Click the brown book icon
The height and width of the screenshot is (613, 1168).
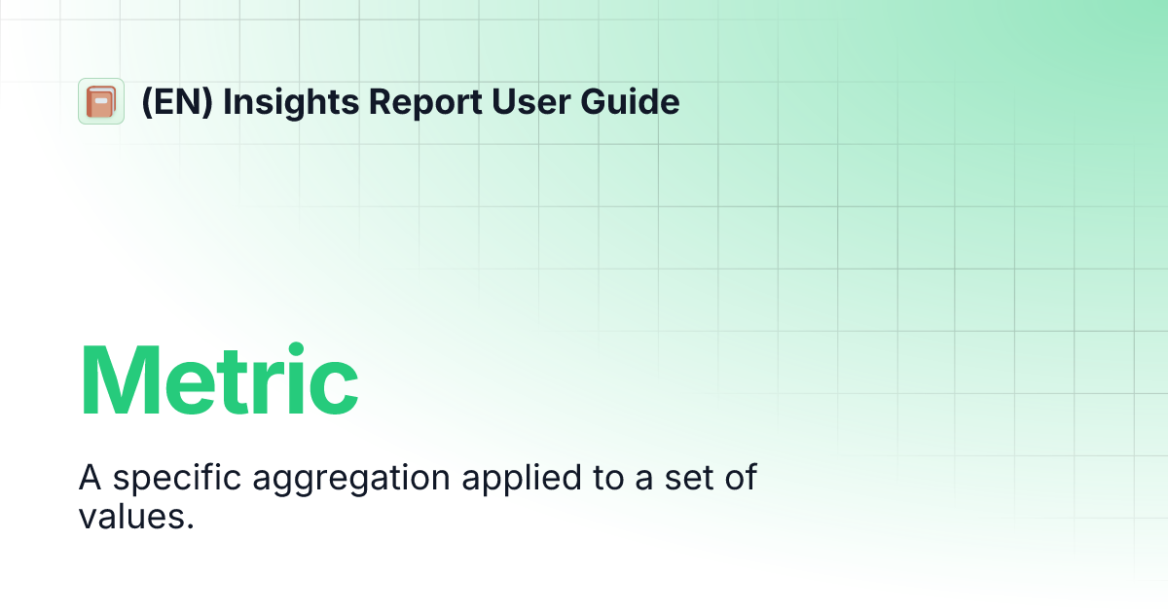click(100, 101)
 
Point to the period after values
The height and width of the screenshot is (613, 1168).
click(190, 526)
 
